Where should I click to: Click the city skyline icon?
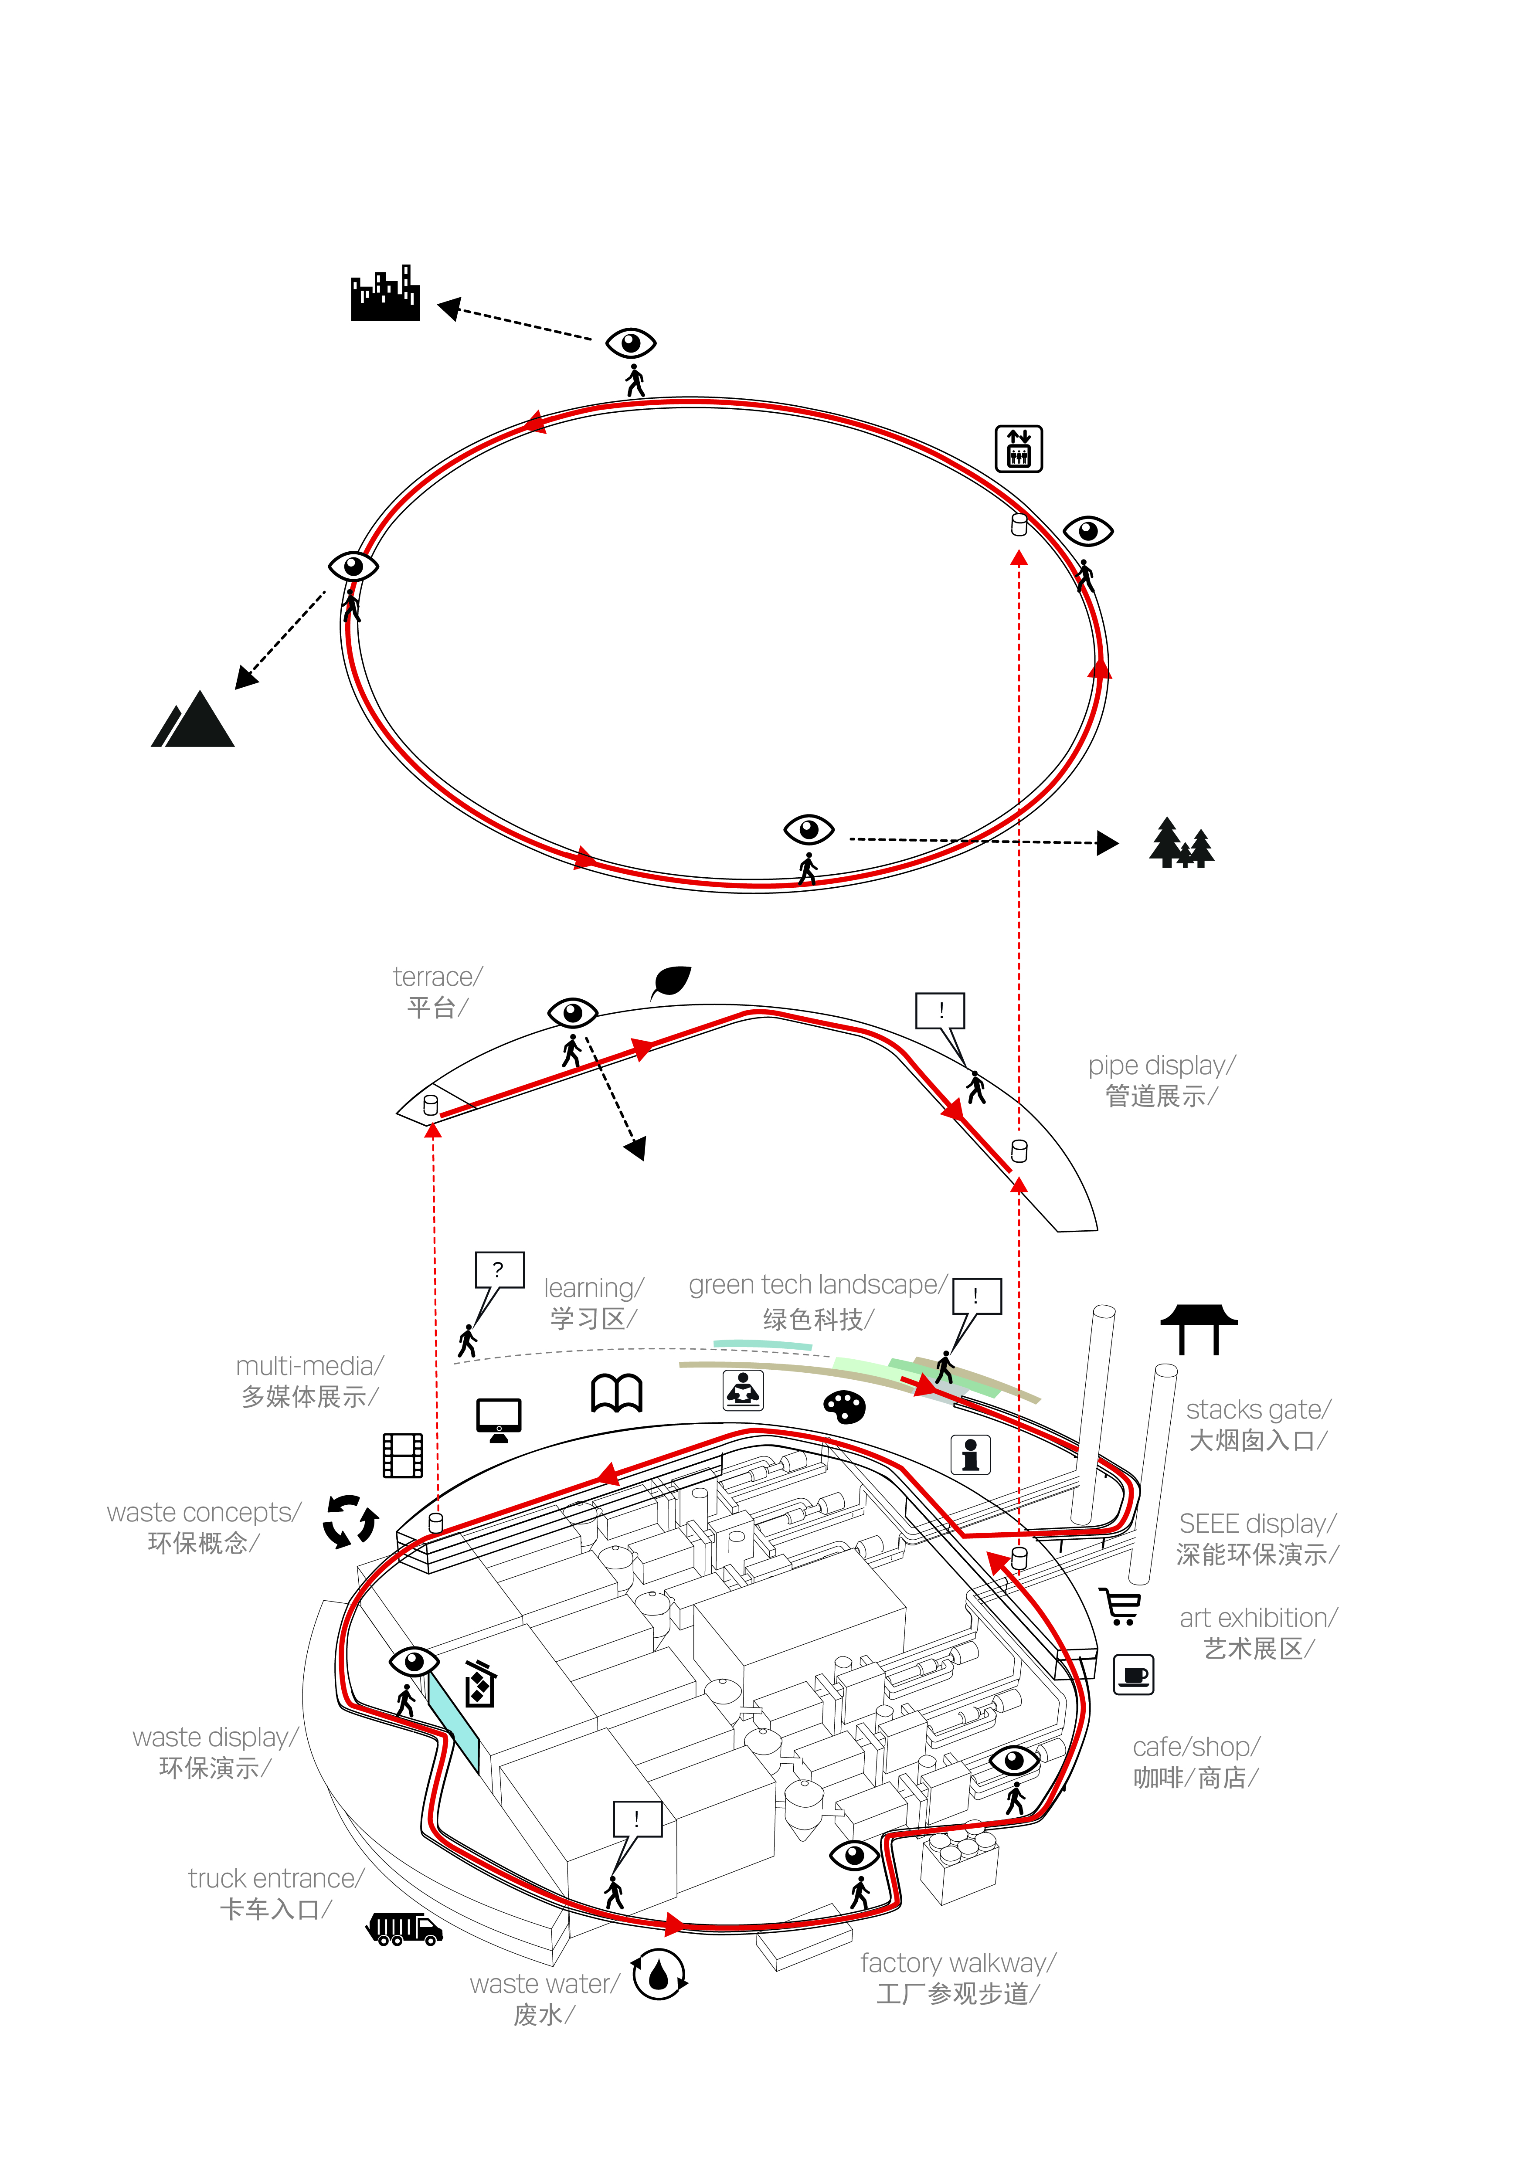(385, 295)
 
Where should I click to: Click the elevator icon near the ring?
(1019, 448)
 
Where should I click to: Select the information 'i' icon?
(971, 1455)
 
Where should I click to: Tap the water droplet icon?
(659, 1975)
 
